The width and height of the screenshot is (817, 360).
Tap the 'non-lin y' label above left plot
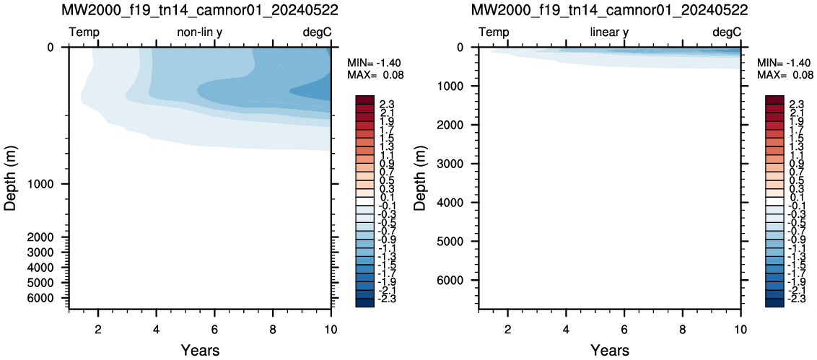201,32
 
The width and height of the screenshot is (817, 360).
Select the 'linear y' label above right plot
609,32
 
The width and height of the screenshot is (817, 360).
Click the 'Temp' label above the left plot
84,32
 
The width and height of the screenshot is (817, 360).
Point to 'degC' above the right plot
726,32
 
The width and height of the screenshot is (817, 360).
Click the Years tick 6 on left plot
214,329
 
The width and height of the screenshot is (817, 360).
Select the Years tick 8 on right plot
682,329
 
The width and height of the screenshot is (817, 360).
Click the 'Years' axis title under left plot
200,350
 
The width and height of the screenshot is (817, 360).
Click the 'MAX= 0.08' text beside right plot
785,75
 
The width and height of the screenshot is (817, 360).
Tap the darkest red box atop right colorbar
775,100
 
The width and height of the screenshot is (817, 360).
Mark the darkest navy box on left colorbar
365,303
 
